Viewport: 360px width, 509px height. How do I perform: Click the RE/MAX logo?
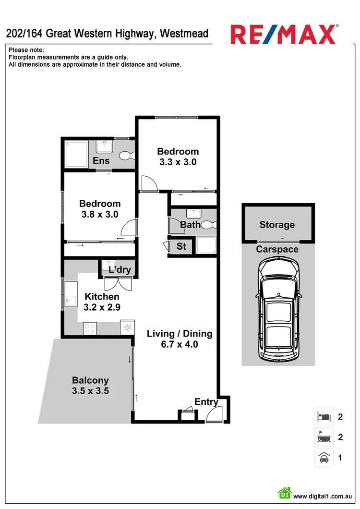pyautogui.click(x=284, y=34)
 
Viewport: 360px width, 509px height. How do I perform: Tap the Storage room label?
pyautogui.click(x=277, y=225)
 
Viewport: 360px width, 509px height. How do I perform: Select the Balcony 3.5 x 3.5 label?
pyautogui.click(x=90, y=386)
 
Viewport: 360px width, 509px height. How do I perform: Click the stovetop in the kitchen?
pyautogui.click(x=89, y=327)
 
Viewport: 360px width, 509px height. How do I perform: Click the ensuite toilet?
pyautogui.click(x=126, y=156)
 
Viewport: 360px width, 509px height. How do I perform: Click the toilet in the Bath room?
pyautogui.click(x=209, y=224)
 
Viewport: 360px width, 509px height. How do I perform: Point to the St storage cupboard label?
pyautogui.click(x=181, y=247)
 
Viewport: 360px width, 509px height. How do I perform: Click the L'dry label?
pyautogui.click(x=120, y=270)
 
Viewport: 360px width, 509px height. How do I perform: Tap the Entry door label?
pyautogui.click(x=206, y=402)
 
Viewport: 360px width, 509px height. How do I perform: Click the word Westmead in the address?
pyautogui.click(x=184, y=34)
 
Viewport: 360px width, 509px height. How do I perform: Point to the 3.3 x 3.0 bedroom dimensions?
pyautogui.click(x=178, y=162)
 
